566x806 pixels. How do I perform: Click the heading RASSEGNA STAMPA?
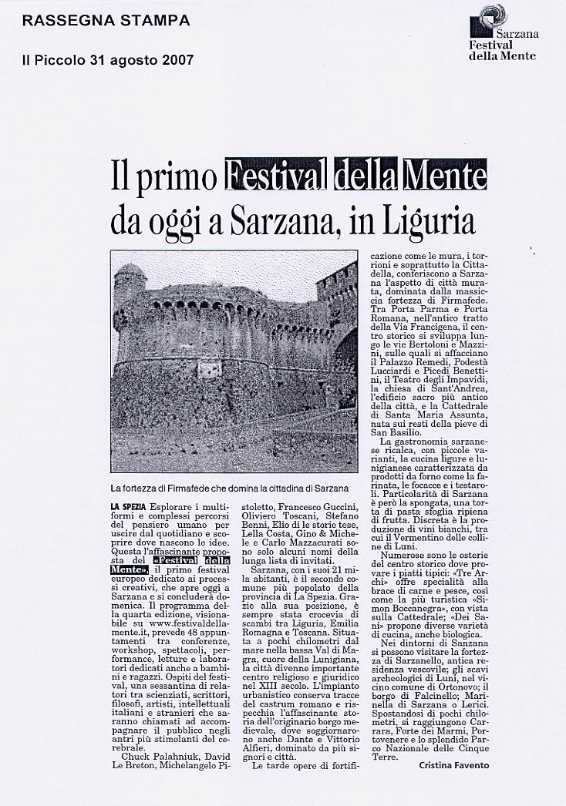pyautogui.click(x=106, y=21)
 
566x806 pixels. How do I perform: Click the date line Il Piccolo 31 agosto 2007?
pyautogui.click(x=107, y=59)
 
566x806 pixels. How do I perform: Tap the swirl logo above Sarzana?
pyautogui.click(x=492, y=15)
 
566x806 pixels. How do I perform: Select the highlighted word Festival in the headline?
pyautogui.click(x=276, y=175)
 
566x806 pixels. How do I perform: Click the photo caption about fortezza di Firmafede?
pyautogui.click(x=230, y=488)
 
